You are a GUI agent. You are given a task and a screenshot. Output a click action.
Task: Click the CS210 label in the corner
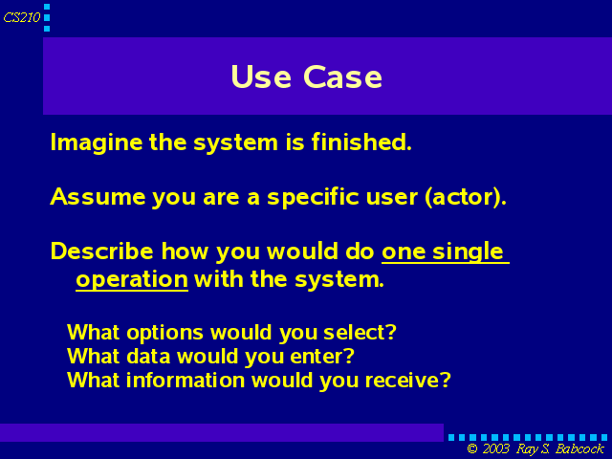click(x=22, y=17)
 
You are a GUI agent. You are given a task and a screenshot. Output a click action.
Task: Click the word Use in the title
click(x=261, y=76)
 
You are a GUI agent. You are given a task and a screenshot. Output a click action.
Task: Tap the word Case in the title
click(x=342, y=76)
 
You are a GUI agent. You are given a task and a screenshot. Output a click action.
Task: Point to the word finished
click(x=361, y=142)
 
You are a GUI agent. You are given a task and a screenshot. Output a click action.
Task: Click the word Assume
click(x=98, y=196)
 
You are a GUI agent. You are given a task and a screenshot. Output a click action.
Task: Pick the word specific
click(x=313, y=198)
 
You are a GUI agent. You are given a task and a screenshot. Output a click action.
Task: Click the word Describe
click(x=101, y=251)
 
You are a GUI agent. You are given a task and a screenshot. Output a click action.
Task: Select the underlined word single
click(x=468, y=252)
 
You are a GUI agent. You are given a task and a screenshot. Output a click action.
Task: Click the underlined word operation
click(x=132, y=280)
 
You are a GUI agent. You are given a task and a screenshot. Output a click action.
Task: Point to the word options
click(x=164, y=334)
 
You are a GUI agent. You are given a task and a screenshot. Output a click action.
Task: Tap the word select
click(x=360, y=333)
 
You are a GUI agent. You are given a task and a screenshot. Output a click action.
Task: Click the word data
click(x=149, y=357)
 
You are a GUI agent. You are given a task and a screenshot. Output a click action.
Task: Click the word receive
click(x=408, y=381)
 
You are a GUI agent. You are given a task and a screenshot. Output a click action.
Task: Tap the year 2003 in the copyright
click(x=495, y=448)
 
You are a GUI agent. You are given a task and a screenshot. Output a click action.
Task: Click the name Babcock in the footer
click(x=579, y=448)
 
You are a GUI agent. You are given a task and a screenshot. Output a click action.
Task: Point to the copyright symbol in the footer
click(x=472, y=448)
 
